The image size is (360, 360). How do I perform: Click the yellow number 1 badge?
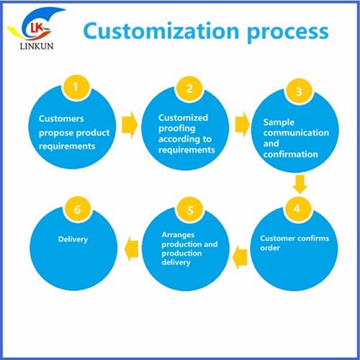[76, 88]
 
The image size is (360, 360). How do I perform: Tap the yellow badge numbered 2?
[189, 89]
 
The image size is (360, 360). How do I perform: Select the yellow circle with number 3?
[299, 91]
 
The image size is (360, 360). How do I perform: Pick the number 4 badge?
[297, 209]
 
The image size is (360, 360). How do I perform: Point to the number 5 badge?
[190, 210]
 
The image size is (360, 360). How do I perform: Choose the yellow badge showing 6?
[77, 210]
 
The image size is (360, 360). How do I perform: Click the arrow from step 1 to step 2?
[130, 125]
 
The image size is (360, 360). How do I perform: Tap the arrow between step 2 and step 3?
[243, 125]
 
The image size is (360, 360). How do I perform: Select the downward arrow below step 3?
[300, 184]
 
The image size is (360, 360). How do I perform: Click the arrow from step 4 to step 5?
[240, 257]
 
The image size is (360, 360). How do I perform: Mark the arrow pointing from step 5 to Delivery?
[131, 249]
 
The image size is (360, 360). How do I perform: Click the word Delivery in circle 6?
[73, 239]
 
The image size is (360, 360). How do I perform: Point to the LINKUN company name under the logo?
[37, 46]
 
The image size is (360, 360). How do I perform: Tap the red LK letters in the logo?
[37, 28]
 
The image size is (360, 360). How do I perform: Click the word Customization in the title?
[161, 31]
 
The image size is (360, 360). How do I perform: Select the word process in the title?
[288, 33]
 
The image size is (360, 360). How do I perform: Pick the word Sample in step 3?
[279, 122]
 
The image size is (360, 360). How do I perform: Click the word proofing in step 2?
[177, 129]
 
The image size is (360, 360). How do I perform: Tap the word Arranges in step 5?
[178, 235]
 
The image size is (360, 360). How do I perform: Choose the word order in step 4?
[270, 248]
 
